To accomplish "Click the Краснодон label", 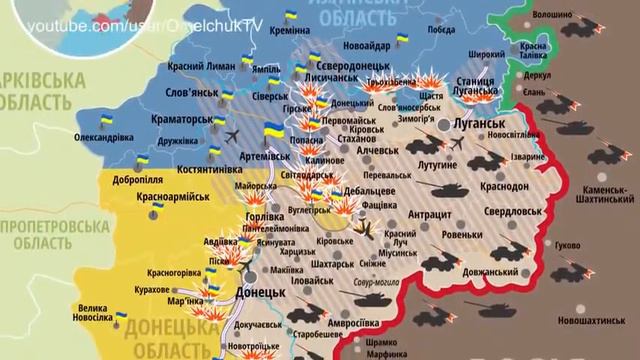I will (504, 188).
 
